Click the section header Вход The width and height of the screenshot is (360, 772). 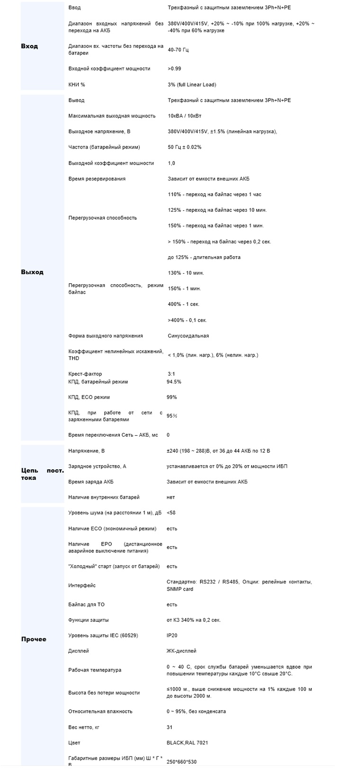[x=29, y=46]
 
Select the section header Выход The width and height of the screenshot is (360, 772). [x=32, y=272]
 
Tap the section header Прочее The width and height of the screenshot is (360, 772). [x=34, y=639]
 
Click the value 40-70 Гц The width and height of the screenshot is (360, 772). [x=178, y=50]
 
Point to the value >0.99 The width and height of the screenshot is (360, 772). [x=174, y=69]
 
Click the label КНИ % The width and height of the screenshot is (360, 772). [x=77, y=85]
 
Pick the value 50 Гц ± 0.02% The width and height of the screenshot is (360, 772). [x=184, y=147]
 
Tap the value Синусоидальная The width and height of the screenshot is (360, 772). [x=188, y=336]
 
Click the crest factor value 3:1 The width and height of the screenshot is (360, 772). [x=171, y=374]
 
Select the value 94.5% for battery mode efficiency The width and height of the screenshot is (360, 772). [x=174, y=382]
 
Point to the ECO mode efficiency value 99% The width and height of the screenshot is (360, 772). [x=171, y=397]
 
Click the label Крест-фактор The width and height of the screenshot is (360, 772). [x=85, y=374]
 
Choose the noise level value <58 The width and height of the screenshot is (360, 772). [x=171, y=512]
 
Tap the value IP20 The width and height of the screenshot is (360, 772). [x=172, y=636]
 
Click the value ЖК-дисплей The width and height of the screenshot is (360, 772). [x=181, y=651]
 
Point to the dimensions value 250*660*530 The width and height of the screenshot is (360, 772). [x=181, y=762]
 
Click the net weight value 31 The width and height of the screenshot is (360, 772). [x=170, y=727]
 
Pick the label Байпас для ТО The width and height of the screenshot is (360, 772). [x=86, y=605]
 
